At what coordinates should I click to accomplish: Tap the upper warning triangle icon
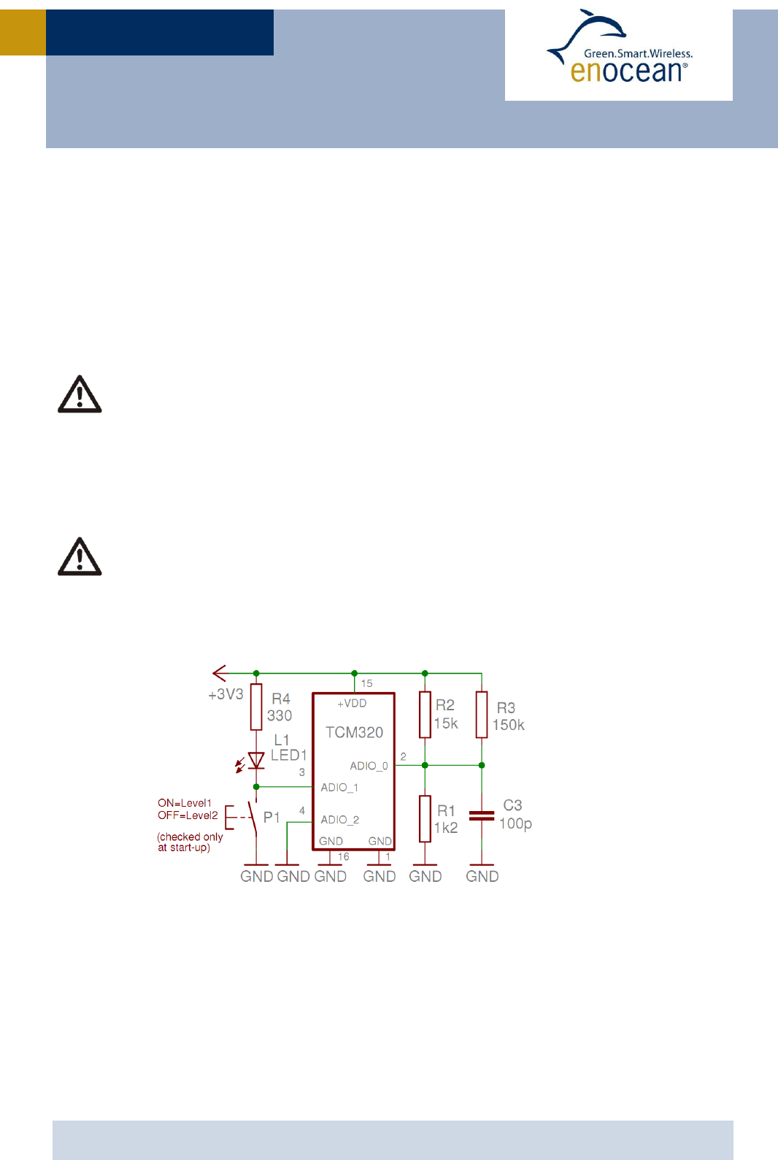click(80, 395)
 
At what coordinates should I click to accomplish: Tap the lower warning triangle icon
click(80, 557)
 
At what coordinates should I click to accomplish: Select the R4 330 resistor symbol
click(256, 707)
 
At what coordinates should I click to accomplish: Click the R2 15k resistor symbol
click(425, 715)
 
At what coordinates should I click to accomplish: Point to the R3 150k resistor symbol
click(482, 715)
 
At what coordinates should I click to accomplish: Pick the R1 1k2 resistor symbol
click(425, 818)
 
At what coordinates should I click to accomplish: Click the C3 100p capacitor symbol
click(482, 815)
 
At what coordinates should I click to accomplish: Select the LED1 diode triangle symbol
click(256, 761)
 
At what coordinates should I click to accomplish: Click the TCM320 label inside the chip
click(354, 732)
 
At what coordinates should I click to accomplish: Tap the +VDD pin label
click(352, 703)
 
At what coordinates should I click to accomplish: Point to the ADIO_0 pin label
click(369, 766)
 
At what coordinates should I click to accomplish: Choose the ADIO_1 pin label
click(339, 787)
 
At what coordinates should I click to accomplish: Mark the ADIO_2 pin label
click(340, 820)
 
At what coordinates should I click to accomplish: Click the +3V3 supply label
click(226, 694)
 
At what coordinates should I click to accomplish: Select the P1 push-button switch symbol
click(252, 818)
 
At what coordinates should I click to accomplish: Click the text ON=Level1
click(185, 803)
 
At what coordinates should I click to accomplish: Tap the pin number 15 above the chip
click(367, 683)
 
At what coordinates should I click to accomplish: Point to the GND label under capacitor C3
click(482, 876)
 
